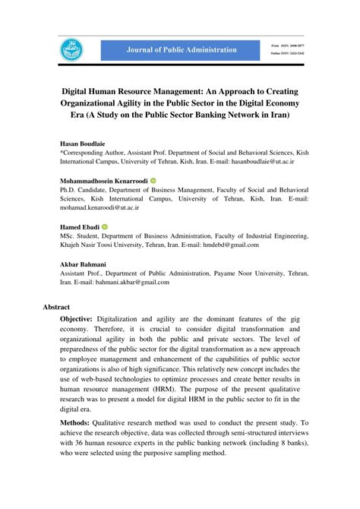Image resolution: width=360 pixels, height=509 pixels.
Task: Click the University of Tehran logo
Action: pos(71,50)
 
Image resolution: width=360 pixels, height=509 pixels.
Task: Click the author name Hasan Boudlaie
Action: pos(83,142)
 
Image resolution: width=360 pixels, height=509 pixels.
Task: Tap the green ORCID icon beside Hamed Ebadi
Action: pos(105,227)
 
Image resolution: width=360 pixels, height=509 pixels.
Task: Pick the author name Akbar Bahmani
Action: pos(84,264)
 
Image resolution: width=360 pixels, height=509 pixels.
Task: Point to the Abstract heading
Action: pos(57,308)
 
